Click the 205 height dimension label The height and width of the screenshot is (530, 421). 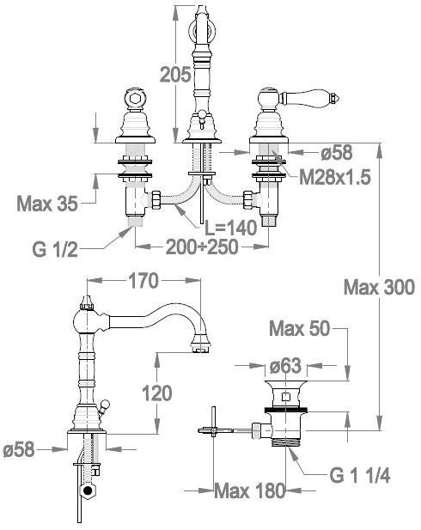click(x=174, y=75)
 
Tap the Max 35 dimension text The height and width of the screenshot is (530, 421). click(x=47, y=204)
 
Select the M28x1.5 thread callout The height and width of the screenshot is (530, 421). click(x=335, y=177)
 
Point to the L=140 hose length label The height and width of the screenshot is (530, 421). click(x=231, y=228)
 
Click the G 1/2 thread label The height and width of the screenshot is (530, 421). click(x=55, y=250)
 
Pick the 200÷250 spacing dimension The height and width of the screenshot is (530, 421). click(x=202, y=247)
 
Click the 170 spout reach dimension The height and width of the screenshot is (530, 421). click(x=143, y=281)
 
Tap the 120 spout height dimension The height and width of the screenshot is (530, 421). click(x=157, y=393)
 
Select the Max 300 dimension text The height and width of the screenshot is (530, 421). click(x=379, y=288)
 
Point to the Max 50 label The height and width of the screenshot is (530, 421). click(x=299, y=328)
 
